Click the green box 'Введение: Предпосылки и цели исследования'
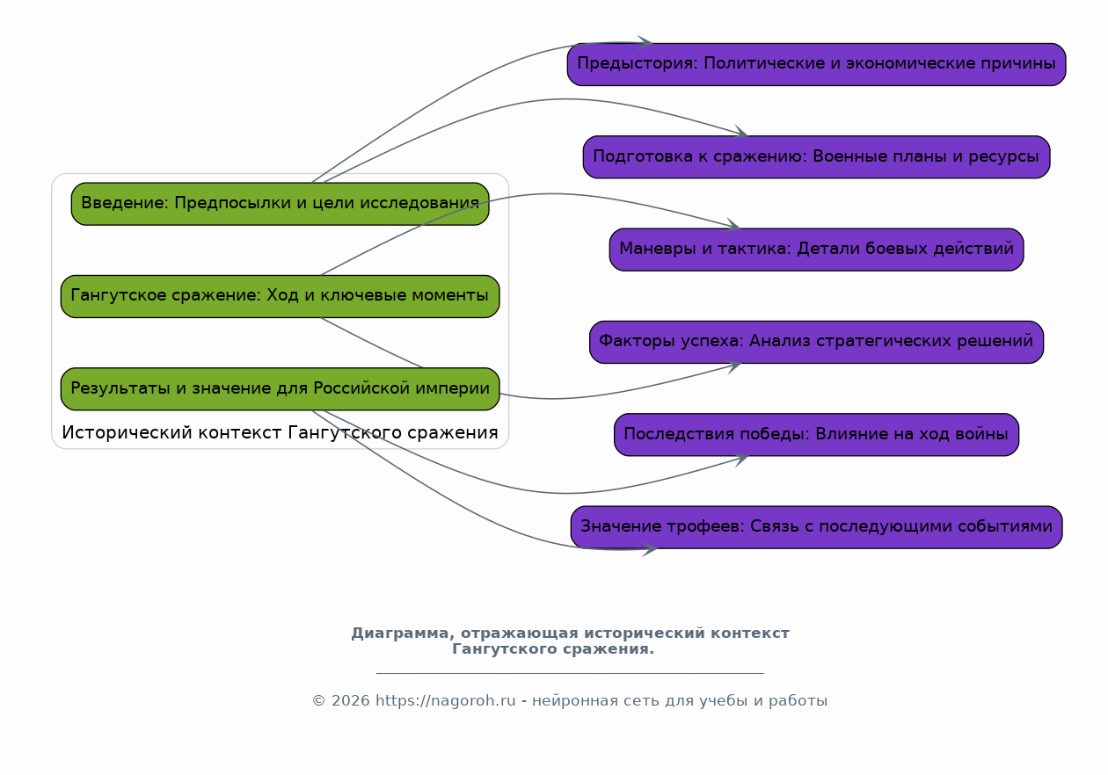pos(280,204)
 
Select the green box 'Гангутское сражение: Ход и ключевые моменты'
pos(280,296)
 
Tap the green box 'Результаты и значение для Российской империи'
pos(280,388)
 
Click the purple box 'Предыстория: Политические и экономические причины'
pos(816,64)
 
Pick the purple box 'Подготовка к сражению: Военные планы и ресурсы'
pos(816,156)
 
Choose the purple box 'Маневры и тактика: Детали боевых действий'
pos(816,250)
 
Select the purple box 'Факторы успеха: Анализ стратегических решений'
pos(816,342)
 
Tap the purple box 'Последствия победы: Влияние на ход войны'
pos(816,434)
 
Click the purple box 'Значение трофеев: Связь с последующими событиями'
pos(816,527)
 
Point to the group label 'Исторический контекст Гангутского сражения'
pos(280,432)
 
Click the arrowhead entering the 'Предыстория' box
pos(645,42)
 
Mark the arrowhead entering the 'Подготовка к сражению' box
pos(740,132)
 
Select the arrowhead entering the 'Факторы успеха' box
pos(734,367)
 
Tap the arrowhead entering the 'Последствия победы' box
pos(740,460)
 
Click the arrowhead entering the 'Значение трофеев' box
pos(649,549)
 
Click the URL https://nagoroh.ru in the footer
pos(445,701)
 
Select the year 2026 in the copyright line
pos(350,701)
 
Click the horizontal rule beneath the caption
pos(570,673)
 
